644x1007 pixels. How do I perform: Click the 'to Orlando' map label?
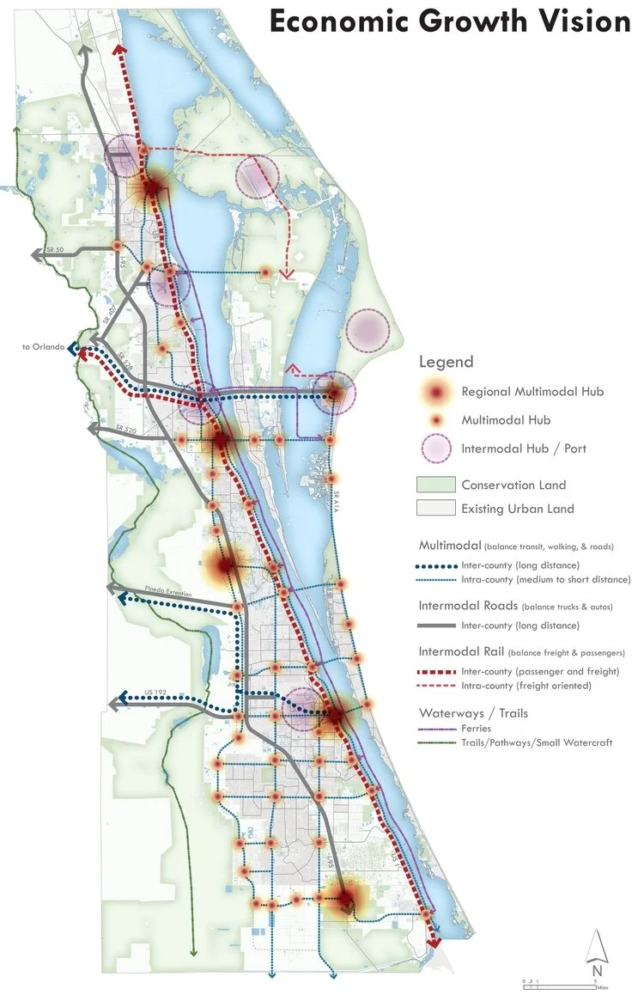(43, 347)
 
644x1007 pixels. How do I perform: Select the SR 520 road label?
(124, 429)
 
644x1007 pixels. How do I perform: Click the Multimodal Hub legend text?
(505, 420)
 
